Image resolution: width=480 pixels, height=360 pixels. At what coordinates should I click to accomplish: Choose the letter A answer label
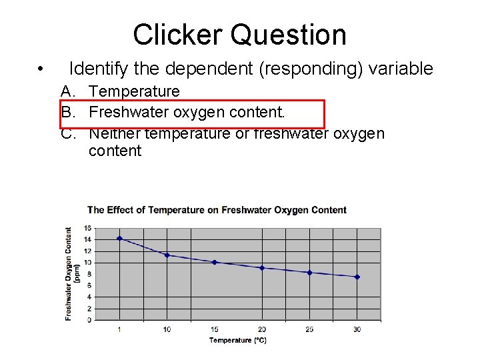pyautogui.click(x=67, y=91)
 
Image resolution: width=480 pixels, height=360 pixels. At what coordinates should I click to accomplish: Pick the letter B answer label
pyautogui.click(x=67, y=112)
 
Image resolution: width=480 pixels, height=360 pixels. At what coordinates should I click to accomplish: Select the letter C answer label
pyautogui.click(x=67, y=133)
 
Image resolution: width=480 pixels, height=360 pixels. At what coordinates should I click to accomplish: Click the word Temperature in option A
pyautogui.click(x=134, y=91)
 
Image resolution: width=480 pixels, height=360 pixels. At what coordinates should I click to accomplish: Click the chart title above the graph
pyautogui.click(x=217, y=210)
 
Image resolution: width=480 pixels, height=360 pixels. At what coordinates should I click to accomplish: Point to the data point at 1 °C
pyautogui.click(x=119, y=238)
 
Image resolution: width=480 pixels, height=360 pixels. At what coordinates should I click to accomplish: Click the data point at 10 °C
pyautogui.click(x=167, y=255)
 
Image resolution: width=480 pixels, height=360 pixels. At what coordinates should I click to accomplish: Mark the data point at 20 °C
pyautogui.click(x=262, y=268)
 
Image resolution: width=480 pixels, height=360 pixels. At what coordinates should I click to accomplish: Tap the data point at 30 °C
pyautogui.click(x=357, y=277)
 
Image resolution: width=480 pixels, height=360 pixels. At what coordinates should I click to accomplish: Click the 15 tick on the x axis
pyautogui.click(x=214, y=329)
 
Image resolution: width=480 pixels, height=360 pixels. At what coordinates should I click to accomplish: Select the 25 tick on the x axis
pyautogui.click(x=309, y=329)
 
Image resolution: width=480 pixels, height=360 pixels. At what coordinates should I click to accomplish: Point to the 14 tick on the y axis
pyautogui.click(x=89, y=239)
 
